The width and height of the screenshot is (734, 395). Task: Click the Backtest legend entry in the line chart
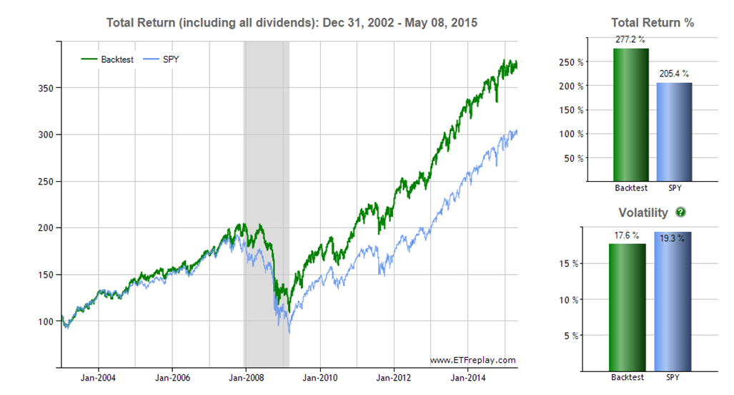(106, 59)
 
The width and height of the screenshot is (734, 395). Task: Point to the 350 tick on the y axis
(47, 88)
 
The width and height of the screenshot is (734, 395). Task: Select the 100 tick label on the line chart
(47, 321)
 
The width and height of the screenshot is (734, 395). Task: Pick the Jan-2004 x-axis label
(98, 377)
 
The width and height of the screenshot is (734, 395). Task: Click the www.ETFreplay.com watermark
(472, 360)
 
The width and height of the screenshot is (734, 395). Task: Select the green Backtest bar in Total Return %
(631, 114)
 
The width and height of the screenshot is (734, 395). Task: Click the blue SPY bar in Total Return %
(673, 132)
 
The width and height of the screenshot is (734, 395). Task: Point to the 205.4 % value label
(673, 74)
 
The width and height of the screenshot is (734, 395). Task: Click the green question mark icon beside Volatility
(680, 213)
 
